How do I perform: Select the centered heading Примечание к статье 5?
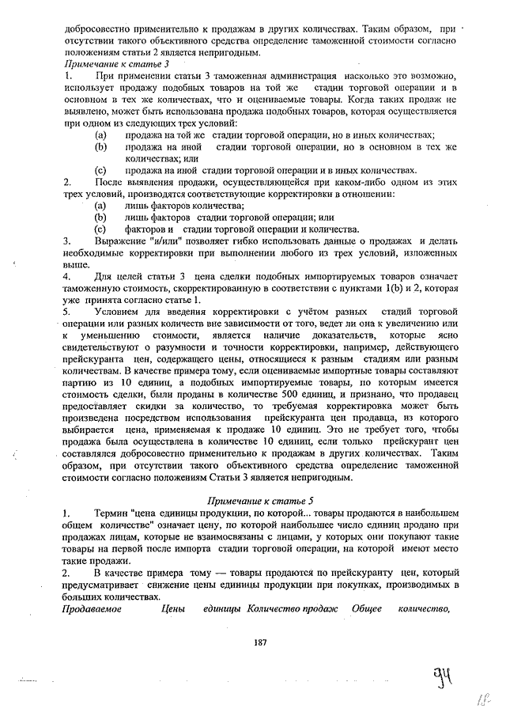[x=260, y=501]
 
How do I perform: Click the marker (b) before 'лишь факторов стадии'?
[x=100, y=217]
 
